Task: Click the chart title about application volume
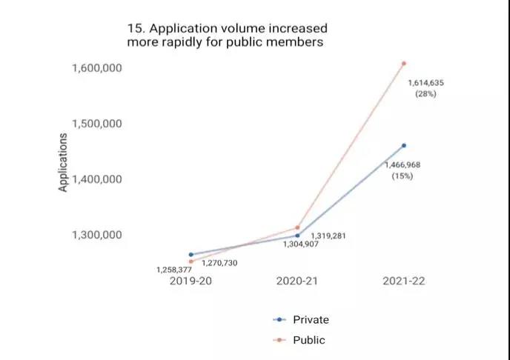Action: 227,35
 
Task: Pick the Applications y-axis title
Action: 64,162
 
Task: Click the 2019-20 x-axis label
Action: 191,281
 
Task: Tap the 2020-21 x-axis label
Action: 297,281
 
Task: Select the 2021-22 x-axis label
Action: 403,281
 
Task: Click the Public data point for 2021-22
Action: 404,63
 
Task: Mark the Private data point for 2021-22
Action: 404,145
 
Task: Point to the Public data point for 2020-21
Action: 297,227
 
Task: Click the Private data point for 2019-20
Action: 191,254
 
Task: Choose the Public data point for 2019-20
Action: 191,261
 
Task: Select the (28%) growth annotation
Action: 425,94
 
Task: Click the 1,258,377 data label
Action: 174,270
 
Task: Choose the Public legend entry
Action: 299,340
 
